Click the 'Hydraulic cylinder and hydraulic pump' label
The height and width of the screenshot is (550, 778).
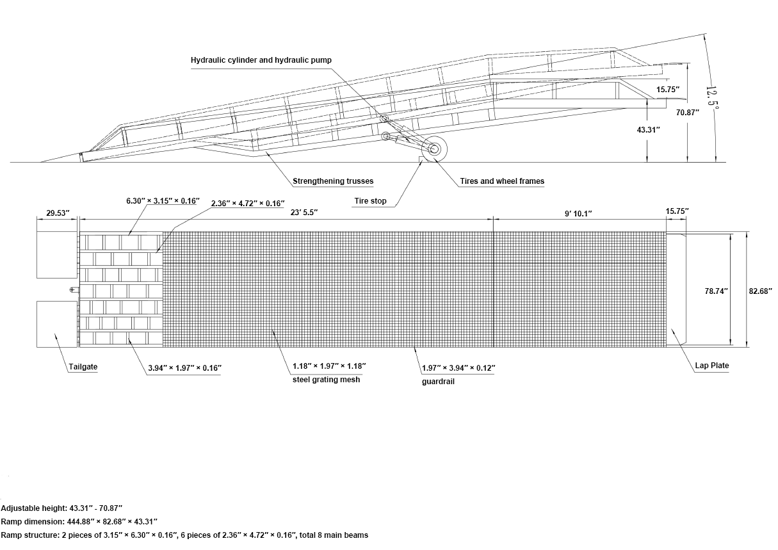coord(261,60)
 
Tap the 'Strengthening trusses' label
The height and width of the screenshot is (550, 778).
coord(333,181)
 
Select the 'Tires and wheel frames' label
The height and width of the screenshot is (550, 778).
coord(502,181)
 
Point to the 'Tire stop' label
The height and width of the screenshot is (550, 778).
coord(370,200)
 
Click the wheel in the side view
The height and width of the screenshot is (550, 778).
coord(434,149)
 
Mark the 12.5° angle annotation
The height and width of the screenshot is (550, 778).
coord(712,97)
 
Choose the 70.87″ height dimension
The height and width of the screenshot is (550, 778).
coord(687,113)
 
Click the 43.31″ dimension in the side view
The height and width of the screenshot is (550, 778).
coord(648,130)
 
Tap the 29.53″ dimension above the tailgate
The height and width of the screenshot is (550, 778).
coord(58,213)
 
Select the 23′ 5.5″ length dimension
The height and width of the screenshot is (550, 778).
coord(304,212)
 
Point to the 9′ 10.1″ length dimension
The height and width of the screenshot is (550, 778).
coord(578,213)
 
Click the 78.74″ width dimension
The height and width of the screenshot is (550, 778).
coord(716,291)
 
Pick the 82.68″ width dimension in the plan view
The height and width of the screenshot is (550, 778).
coord(760,291)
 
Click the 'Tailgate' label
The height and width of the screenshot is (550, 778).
coord(83,367)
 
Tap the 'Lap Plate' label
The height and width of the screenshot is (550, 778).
coord(711,365)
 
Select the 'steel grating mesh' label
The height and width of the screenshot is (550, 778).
coord(326,380)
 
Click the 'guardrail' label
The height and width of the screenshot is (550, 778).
coord(438,382)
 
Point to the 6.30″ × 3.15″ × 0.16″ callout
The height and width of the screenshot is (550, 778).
coord(163,200)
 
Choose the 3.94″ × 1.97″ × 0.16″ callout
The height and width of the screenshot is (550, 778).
coord(185,368)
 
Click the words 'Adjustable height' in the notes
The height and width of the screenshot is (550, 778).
coord(34,508)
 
